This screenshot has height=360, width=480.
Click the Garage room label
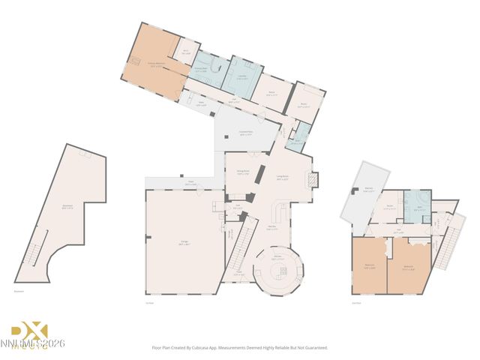[184, 241]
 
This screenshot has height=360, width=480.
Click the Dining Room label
[243, 172]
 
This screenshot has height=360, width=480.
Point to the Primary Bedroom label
[155, 65]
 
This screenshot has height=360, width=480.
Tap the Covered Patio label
[245, 134]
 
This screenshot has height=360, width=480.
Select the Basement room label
[67, 208]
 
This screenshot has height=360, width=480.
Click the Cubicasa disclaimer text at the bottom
[240, 348]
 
